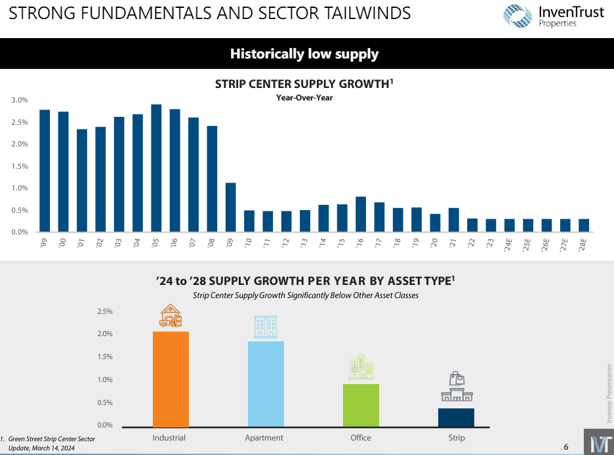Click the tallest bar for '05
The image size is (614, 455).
(x=156, y=168)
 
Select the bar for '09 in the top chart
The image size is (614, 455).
(x=230, y=207)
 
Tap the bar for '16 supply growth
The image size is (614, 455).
(x=360, y=214)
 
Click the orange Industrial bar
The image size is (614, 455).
(x=171, y=379)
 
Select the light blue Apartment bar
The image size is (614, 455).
(x=266, y=383)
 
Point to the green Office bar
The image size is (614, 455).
(x=361, y=405)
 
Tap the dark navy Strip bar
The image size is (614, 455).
(x=456, y=417)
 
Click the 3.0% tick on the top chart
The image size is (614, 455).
(x=20, y=100)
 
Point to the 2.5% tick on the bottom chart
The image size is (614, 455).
(x=105, y=311)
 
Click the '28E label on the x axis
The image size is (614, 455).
(x=583, y=245)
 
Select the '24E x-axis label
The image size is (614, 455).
(x=508, y=245)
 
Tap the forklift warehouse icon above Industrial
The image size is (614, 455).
(x=171, y=316)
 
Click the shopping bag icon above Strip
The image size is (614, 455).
(x=457, y=379)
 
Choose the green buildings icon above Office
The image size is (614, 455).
(x=361, y=366)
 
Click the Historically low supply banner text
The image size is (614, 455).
(x=304, y=54)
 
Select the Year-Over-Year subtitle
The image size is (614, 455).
(x=304, y=98)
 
